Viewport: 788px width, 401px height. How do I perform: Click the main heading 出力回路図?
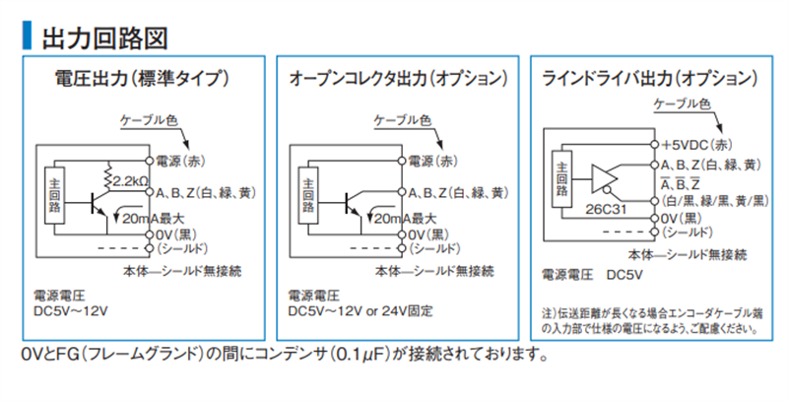tap(104, 38)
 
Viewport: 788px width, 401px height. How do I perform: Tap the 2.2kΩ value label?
tap(129, 181)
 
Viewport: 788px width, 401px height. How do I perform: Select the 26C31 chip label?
tap(606, 209)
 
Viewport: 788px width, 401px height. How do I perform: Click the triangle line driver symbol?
tap(604, 178)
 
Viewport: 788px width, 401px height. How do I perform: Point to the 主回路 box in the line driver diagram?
tap(561, 179)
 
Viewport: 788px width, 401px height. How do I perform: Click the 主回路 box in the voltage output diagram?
tap(54, 195)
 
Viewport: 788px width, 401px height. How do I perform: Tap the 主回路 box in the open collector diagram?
tap(308, 195)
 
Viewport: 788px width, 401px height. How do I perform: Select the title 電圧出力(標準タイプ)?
tap(142, 79)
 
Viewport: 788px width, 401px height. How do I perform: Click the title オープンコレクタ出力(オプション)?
tap(398, 79)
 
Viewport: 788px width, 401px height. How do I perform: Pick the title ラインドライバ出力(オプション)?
tap(650, 79)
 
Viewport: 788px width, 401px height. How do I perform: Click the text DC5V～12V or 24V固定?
tap(360, 311)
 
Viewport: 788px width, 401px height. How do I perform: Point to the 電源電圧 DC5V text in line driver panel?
tap(592, 275)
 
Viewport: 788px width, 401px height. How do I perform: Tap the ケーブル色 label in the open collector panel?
tap(403, 120)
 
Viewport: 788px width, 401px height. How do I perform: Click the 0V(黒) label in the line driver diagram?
tap(682, 219)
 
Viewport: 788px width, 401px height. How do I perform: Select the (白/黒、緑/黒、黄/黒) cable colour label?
tap(715, 201)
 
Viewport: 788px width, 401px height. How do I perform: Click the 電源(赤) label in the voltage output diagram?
tap(180, 162)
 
